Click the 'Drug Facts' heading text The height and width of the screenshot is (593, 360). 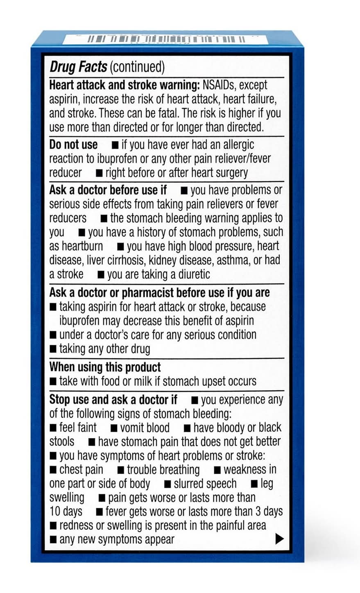(78, 67)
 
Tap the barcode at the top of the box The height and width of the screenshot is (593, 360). (166, 40)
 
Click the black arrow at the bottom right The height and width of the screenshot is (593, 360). (279, 539)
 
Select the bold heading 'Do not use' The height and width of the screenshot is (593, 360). (73, 145)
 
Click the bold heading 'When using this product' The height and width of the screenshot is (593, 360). (105, 367)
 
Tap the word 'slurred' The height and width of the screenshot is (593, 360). (189, 484)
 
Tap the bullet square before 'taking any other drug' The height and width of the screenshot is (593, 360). (53, 349)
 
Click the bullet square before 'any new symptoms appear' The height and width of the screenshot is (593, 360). (53, 539)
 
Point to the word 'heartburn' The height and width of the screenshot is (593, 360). (82, 246)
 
